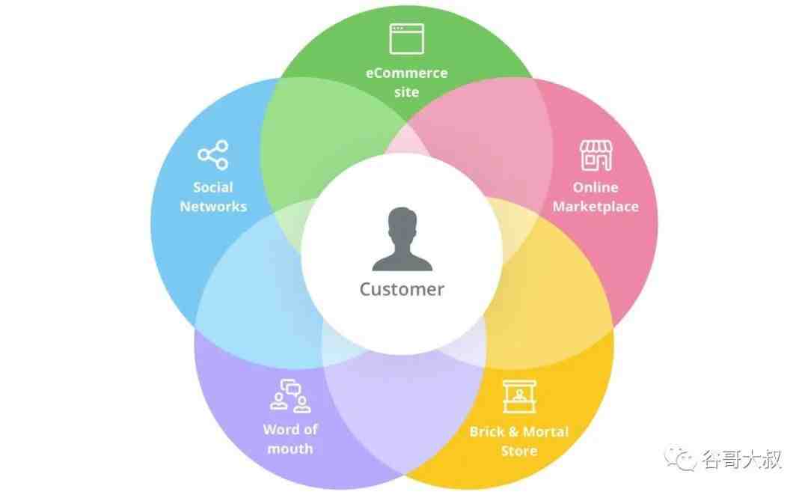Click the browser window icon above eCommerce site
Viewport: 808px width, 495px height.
(x=406, y=39)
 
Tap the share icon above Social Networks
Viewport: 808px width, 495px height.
(x=212, y=155)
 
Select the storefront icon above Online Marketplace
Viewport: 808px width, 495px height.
(x=596, y=155)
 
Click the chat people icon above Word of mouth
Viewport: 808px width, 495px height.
(x=290, y=396)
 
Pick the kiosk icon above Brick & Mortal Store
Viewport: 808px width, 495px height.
(x=519, y=396)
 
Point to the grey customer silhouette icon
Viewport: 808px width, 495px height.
(x=402, y=239)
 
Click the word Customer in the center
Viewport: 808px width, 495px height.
(x=402, y=289)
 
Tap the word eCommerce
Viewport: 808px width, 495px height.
(x=406, y=73)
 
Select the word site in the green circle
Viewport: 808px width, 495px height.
(x=406, y=92)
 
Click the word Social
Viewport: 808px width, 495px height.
(x=212, y=187)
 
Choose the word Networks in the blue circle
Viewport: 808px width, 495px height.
(x=213, y=206)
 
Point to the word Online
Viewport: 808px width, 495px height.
(x=596, y=187)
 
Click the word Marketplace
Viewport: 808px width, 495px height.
(x=596, y=207)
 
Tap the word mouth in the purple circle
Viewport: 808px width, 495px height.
(x=290, y=449)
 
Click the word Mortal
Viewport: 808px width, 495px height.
(x=545, y=431)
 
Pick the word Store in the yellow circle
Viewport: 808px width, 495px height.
(x=519, y=451)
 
